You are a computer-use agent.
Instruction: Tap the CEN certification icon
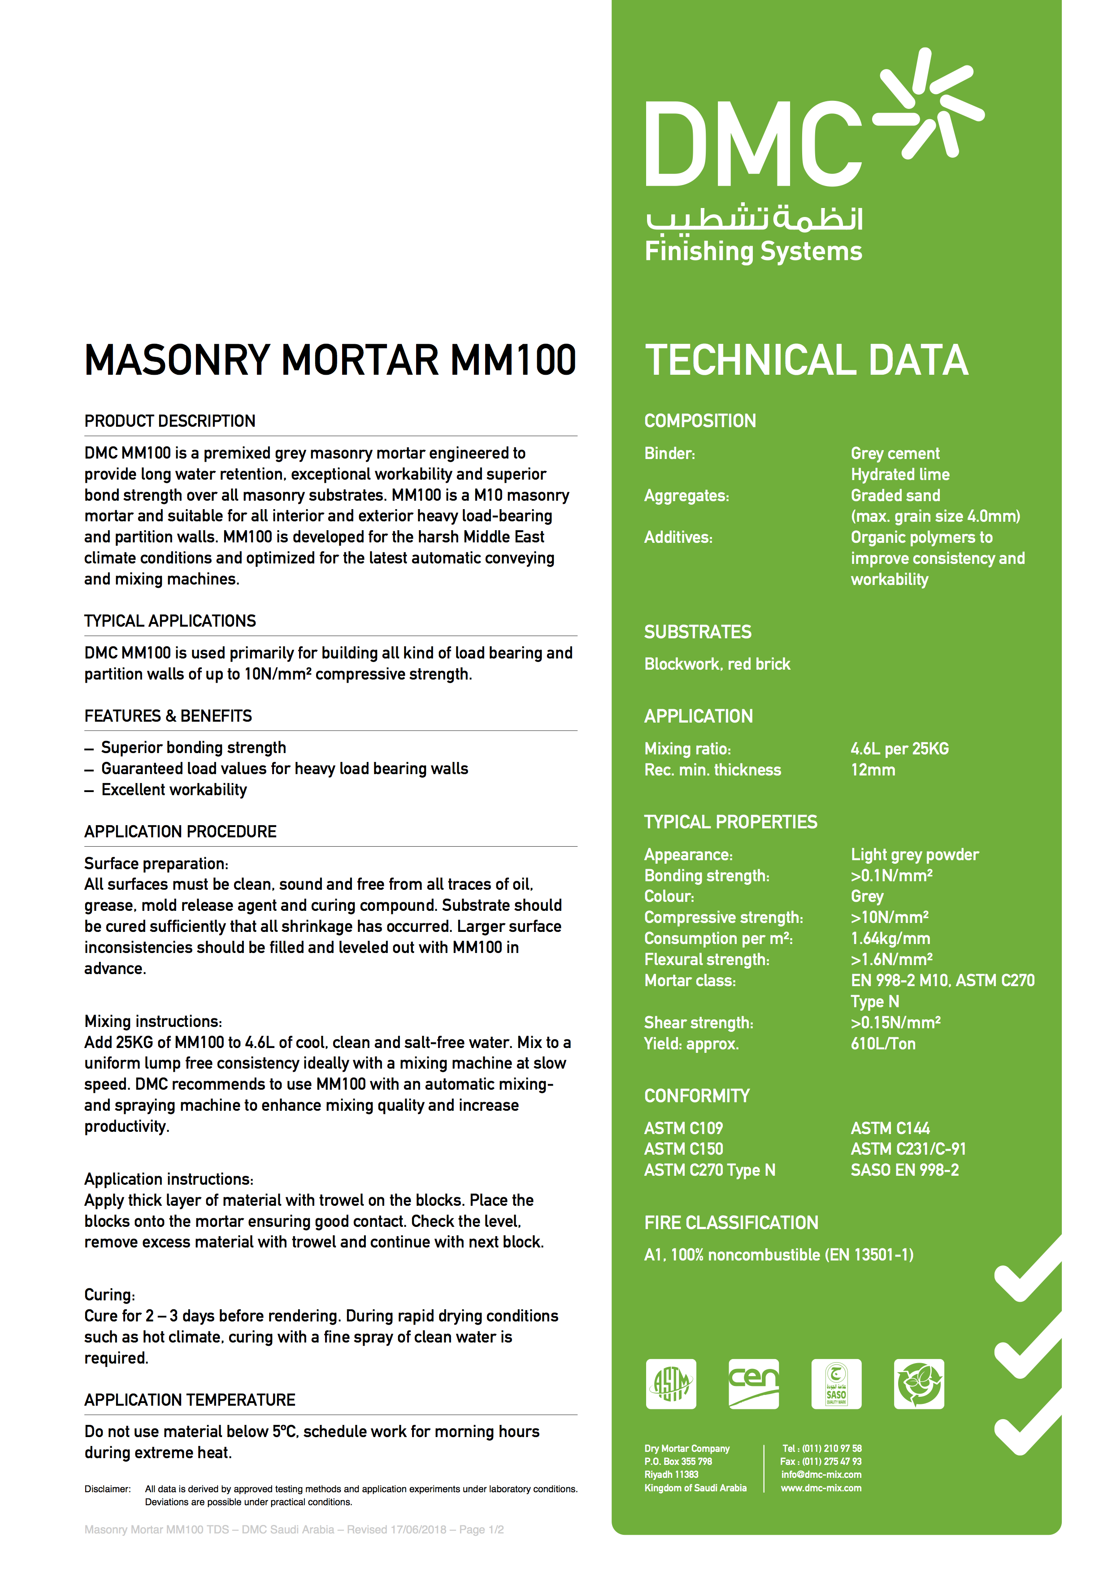click(x=753, y=1384)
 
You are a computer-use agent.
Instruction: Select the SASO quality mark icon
click(x=836, y=1384)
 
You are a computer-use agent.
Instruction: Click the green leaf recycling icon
click(x=919, y=1384)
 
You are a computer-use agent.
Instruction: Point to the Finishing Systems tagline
click(x=753, y=251)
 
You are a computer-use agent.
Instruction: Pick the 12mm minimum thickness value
click(x=873, y=770)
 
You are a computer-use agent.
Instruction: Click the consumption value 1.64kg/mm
click(x=890, y=939)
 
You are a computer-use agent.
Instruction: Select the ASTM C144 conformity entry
click(x=890, y=1128)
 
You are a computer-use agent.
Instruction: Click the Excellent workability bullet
click(x=174, y=790)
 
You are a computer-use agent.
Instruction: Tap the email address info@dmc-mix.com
click(x=821, y=1475)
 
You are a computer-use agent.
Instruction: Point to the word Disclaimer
click(x=108, y=1489)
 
